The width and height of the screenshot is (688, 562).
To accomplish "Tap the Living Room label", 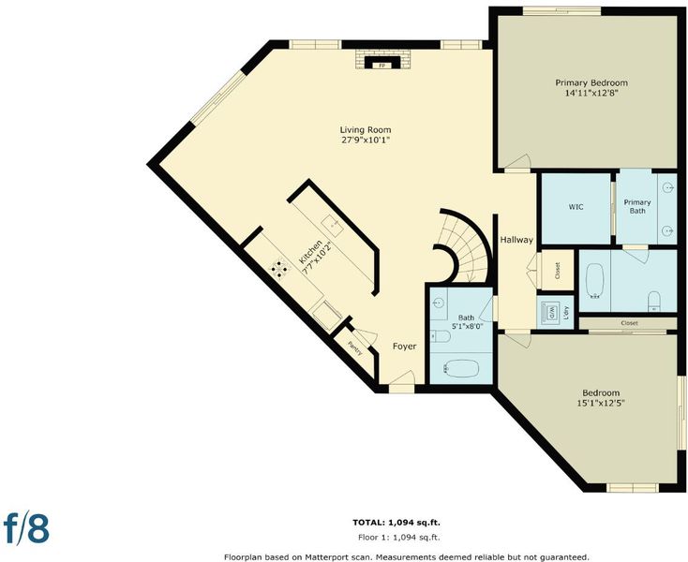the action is tap(366, 130).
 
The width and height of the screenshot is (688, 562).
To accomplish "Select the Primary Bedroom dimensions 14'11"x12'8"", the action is tap(591, 93).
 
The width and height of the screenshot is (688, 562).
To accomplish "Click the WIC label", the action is tap(576, 206).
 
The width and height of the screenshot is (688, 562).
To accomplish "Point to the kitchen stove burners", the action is tap(279, 269).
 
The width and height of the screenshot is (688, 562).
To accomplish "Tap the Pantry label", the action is tap(355, 348).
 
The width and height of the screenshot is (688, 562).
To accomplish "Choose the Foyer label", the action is tap(404, 347).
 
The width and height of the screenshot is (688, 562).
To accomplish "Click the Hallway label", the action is tap(516, 240).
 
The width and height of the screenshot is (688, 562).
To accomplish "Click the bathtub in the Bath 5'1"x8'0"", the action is tap(461, 368).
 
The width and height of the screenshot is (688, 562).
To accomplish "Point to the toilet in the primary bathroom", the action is tap(654, 302).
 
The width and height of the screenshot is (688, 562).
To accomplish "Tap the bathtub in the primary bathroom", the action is tap(595, 281).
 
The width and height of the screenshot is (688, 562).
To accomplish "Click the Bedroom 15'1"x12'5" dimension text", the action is tap(601, 403).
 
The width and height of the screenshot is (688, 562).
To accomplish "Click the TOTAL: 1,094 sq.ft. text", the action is tap(396, 522).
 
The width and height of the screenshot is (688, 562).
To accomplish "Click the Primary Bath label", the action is tap(637, 206).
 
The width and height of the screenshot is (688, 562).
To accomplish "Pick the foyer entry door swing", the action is tap(402, 377).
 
